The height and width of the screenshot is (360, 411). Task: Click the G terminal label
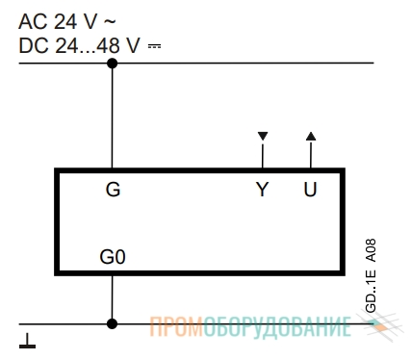[x=113, y=190]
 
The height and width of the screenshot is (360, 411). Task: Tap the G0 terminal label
[x=113, y=257]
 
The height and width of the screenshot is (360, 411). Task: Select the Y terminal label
[x=262, y=189]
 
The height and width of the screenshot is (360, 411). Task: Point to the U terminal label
[x=310, y=189]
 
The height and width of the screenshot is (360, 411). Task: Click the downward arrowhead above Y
[x=263, y=136]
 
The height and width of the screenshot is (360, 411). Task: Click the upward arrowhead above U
[x=311, y=136]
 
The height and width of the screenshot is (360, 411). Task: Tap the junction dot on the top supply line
[x=112, y=64]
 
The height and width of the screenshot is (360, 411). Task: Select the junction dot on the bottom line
[x=112, y=323]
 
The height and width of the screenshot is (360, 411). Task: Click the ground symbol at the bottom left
[x=27, y=341]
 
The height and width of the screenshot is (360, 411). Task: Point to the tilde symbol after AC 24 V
[x=110, y=22]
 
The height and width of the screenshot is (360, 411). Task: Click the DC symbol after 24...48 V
[x=154, y=46]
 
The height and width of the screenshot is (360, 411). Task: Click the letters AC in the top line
[x=32, y=22]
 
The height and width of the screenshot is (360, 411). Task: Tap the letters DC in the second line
[x=33, y=45]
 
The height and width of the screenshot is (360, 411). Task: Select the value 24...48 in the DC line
[x=88, y=45]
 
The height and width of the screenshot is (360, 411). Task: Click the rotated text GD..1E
[x=371, y=292]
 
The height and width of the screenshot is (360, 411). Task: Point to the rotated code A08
[x=371, y=250]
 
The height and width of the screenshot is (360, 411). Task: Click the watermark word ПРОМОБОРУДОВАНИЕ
[x=250, y=326]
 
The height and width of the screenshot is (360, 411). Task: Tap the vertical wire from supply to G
[x=112, y=116]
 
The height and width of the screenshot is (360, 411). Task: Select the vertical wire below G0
[x=112, y=299]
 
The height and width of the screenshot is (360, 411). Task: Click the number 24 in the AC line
[x=65, y=22]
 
